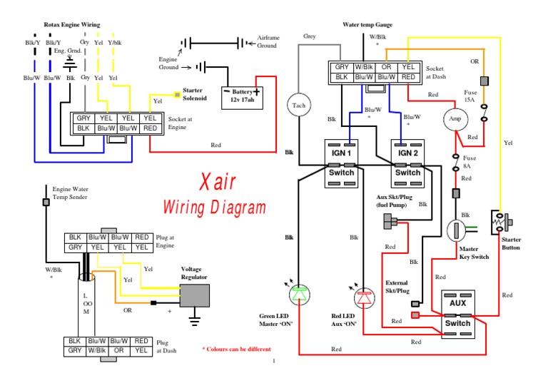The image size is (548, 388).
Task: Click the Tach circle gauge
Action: pyautogui.click(x=298, y=106)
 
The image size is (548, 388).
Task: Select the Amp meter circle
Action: pyautogui.click(x=454, y=118)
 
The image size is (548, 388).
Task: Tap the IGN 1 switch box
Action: pyautogui.click(x=340, y=163)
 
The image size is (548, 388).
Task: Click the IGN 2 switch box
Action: pyautogui.click(x=407, y=163)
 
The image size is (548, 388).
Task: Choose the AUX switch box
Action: pyautogui.click(x=458, y=313)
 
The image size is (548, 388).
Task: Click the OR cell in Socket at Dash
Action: pyautogui.click(x=387, y=66)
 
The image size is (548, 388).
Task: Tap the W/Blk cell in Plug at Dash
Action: pyautogui.click(x=98, y=350)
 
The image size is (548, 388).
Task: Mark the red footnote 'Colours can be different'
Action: pyautogui.click(x=236, y=349)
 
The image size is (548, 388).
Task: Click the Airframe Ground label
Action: pyautogui.click(x=268, y=41)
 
